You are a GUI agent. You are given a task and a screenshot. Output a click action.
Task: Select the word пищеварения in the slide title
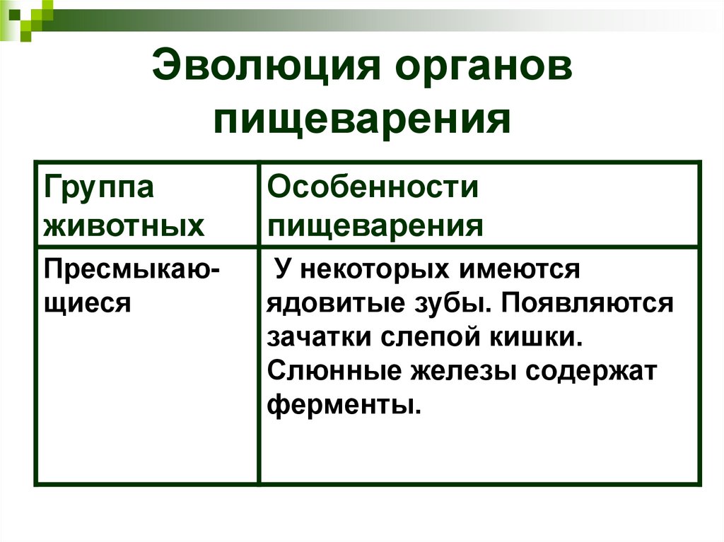362,119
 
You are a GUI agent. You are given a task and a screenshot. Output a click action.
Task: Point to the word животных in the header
124,226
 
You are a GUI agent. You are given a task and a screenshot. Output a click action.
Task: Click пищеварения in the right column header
375,226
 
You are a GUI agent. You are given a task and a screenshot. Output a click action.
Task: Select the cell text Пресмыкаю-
132,270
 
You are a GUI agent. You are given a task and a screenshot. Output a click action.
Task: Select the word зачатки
319,337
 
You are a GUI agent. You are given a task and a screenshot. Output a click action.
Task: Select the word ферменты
339,405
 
